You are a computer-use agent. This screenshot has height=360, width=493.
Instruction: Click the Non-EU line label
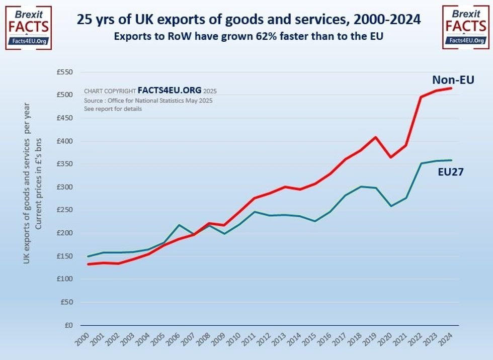pyautogui.click(x=453, y=79)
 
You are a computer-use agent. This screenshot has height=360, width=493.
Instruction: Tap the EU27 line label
pyautogui.click(x=450, y=172)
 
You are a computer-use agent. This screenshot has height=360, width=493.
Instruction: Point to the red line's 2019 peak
pyautogui.click(x=375, y=137)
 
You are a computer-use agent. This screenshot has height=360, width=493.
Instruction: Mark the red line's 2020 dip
pyautogui.click(x=391, y=157)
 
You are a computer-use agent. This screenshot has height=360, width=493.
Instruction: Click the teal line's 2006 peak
pyautogui.click(x=179, y=225)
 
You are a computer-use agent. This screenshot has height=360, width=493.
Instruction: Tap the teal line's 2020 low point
pyautogui.click(x=391, y=206)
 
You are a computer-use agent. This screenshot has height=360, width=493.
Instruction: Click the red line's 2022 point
pyautogui.click(x=421, y=97)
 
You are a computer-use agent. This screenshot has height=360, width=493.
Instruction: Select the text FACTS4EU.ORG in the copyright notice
pyautogui.click(x=169, y=91)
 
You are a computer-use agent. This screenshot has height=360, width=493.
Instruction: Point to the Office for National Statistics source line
pyautogui.click(x=148, y=101)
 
